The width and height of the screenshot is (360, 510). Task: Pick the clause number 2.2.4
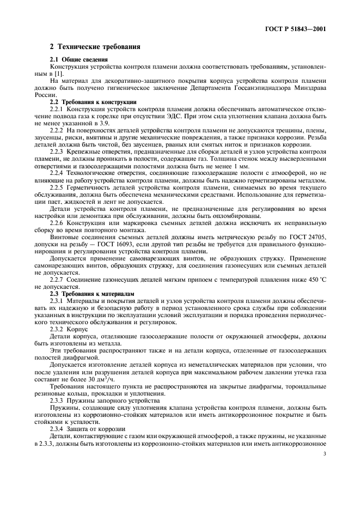point(57,173)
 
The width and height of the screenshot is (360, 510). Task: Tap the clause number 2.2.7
point(57,280)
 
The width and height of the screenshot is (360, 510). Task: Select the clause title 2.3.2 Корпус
point(65,330)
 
